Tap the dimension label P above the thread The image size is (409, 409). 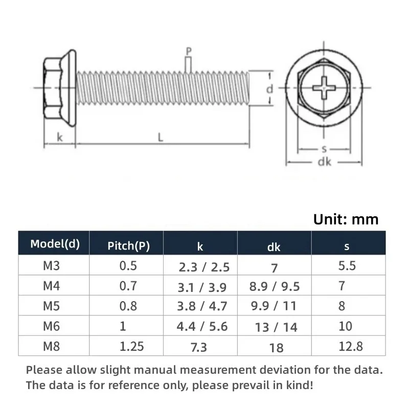click(189, 51)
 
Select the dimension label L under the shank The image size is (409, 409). click(161, 137)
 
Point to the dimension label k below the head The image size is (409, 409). click(60, 137)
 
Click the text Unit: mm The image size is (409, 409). click(346, 219)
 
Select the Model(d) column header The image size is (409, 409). click(55, 243)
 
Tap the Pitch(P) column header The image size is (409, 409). click(128, 245)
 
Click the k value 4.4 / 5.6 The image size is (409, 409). click(202, 326)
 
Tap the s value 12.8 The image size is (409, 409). click(351, 346)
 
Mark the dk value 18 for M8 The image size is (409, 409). click(276, 348)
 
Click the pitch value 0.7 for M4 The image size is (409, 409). click(128, 286)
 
